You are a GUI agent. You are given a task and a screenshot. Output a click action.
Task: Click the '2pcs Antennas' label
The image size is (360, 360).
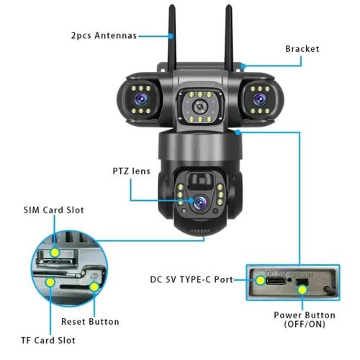click(103, 35)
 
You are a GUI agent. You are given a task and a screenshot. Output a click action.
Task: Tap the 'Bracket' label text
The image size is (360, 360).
click(302, 49)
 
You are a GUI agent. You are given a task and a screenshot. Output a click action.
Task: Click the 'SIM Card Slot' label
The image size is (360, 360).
click(54, 210)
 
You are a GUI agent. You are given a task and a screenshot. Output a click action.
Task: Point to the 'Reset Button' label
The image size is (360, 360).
click(90, 321)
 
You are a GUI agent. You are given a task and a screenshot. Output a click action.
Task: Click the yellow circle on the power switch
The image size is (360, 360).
click(303, 290)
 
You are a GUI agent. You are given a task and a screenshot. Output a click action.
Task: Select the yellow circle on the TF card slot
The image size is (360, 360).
click(49, 283)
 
